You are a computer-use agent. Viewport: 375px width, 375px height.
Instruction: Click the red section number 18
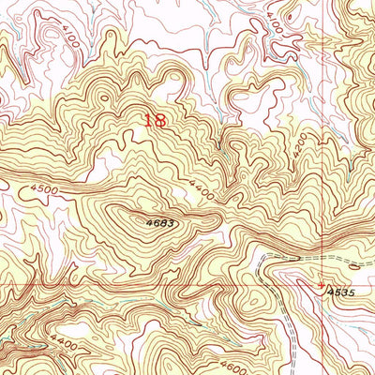pos(157,119)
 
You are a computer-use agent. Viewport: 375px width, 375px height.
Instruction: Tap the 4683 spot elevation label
pos(160,223)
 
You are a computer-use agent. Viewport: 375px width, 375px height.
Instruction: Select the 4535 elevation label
pos(342,293)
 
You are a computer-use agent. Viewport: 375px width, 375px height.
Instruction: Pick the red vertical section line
pos(322,141)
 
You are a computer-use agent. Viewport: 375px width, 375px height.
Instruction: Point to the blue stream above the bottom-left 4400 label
pos(19,319)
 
